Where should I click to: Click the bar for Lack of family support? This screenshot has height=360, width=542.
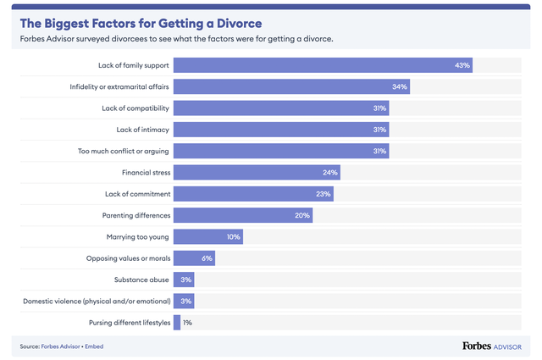(x=322, y=65)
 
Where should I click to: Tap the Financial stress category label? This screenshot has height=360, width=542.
(x=147, y=173)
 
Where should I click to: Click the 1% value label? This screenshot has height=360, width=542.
(x=187, y=323)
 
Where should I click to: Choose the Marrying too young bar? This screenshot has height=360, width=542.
(x=208, y=237)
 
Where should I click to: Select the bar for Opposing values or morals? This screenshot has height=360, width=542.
(x=194, y=258)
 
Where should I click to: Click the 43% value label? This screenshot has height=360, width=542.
(x=462, y=65)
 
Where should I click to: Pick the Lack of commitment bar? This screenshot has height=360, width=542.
(x=252, y=194)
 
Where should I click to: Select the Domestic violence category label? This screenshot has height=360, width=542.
(x=97, y=301)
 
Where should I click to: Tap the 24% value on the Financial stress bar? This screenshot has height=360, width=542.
(x=330, y=173)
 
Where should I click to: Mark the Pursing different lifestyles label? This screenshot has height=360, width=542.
(x=129, y=323)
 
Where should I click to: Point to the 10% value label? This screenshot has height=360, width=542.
(x=234, y=237)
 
